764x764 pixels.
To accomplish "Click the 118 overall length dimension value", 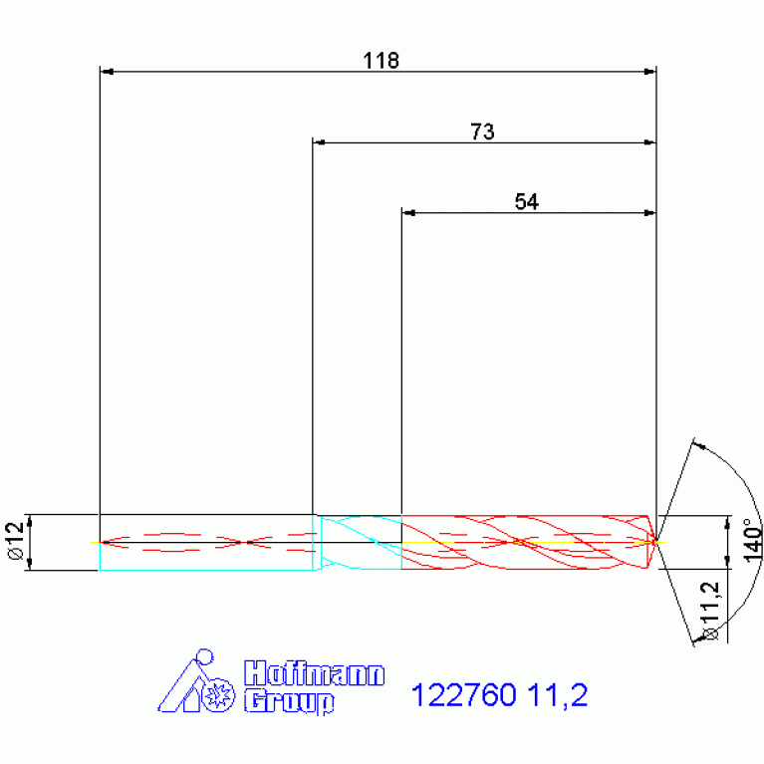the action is [x=382, y=61].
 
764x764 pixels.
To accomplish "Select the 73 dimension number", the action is [x=482, y=131].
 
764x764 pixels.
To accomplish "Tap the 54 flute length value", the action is [x=527, y=202].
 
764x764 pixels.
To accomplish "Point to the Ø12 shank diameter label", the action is [x=15, y=541].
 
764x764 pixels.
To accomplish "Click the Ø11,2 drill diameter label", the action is [x=710, y=611].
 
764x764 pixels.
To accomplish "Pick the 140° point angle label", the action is [x=753, y=540].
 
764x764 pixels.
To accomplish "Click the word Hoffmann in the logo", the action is [x=315, y=674].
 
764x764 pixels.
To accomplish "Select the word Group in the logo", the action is [x=289, y=701].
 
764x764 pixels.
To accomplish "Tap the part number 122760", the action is [x=464, y=694].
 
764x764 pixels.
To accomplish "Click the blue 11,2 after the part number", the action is [x=558, y=695].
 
